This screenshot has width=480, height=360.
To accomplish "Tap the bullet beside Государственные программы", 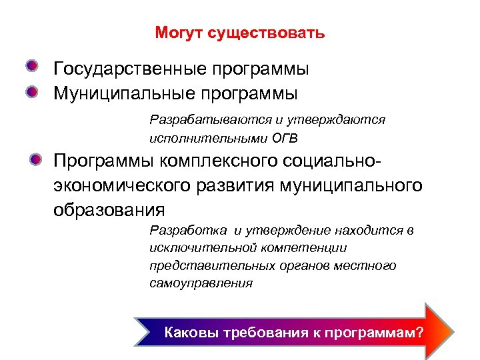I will [33, 67].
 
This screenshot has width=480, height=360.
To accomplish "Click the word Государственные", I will [131, 69].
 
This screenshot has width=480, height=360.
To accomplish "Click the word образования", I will [109, 209].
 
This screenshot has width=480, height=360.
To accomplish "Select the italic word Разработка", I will [188, 231].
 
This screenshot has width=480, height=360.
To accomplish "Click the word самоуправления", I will [201, 283].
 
